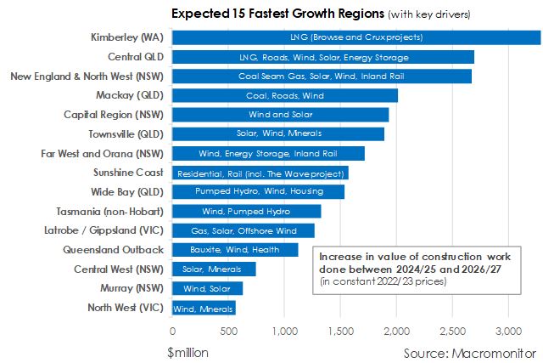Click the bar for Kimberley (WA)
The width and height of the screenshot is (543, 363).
point(356,37)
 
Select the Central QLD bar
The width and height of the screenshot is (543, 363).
point(322,57)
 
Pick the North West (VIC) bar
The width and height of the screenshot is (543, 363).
point(204,309)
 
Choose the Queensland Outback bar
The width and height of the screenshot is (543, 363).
point(235,250)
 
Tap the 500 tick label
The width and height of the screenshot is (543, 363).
point(228,331)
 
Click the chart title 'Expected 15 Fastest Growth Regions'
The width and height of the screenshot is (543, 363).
point(266,14)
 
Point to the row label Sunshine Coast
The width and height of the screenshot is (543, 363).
point(125,173)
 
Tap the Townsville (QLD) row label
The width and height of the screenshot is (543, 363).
point(117,134)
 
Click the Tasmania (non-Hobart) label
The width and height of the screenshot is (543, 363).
point(111,211)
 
